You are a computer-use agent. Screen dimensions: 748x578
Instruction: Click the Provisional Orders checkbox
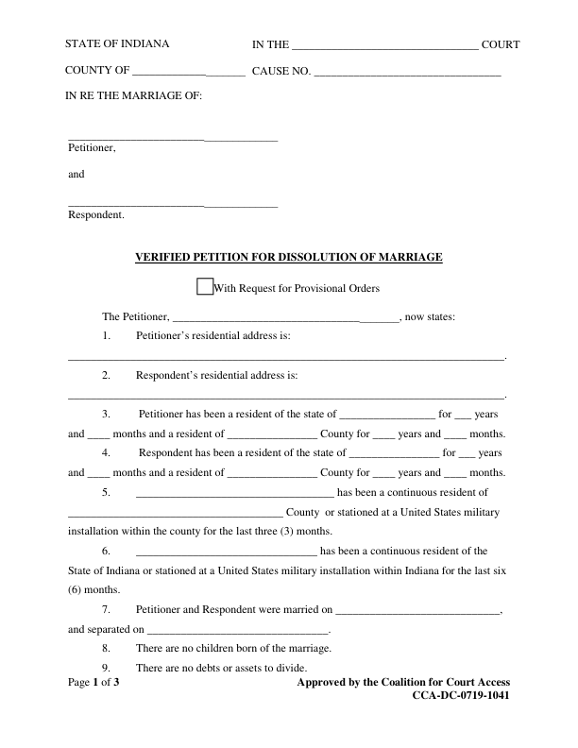(x=204, y=287)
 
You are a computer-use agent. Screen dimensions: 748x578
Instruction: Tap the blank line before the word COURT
(x=385, y=46)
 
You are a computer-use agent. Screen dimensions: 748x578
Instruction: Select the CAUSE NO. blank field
(x=407, y=73)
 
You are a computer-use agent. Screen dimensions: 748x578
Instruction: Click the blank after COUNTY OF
(x=189, y=73)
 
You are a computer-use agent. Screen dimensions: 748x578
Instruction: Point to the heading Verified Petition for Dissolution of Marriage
(x=289, y=257)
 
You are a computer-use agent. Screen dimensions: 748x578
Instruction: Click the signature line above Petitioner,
(x=173, y=140)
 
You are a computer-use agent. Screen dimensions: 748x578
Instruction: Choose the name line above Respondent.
(x=173, y=206)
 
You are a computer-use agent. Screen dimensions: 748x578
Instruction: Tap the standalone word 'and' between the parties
(x=76, y=175)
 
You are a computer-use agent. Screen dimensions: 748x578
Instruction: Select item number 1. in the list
(x=107, y=336)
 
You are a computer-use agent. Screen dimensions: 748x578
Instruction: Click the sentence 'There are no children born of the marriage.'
(x=233, y=648)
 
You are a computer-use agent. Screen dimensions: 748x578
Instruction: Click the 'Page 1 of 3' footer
(x=93, y=682)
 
